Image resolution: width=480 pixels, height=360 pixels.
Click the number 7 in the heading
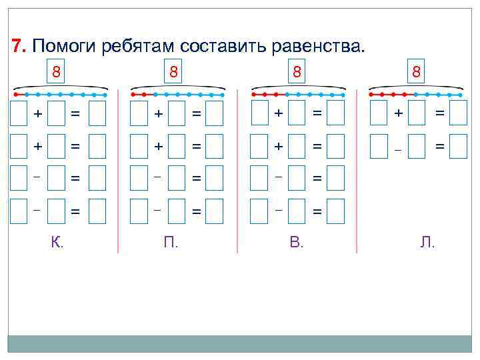tap(18, 46)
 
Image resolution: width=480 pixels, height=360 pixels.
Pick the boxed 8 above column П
tap(173, 71)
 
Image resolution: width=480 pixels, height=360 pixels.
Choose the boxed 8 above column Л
tap(416, 71)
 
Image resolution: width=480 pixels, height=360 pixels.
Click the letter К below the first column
tap(57, 243)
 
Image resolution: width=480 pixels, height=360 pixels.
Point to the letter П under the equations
tap(171, 243)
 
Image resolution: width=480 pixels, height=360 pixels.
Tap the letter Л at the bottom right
tap(427, 243)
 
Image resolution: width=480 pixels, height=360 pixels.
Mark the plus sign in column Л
tap(398, 114)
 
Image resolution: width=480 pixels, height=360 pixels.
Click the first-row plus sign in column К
tap(38, 114)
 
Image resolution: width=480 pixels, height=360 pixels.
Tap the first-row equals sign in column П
tap(197, 114)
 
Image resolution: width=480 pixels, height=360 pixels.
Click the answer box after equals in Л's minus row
tap(458, 146)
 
